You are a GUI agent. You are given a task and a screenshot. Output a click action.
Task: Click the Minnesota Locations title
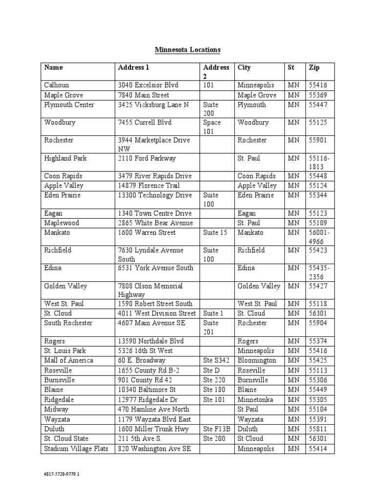click(x=187, y=50)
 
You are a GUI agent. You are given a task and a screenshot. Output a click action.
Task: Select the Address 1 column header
click(x=130, y=67)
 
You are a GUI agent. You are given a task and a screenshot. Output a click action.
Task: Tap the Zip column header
click(x=313, y=67)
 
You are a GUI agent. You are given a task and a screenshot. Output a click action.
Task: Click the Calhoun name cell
click(x=57, y=85)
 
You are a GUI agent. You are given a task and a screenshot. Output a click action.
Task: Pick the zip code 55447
click(x=318, y=104)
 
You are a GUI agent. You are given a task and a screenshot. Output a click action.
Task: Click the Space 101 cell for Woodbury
click(x=212, y=127)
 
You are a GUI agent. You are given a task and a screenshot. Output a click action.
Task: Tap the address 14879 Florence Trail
click(x=148, y=186)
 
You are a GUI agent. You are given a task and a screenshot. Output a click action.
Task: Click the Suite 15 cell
click(x=215, y=232)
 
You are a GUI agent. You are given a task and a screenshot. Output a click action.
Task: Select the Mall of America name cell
click(x=68, y=360)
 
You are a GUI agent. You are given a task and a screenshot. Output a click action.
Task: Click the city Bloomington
click(x=257, y=360)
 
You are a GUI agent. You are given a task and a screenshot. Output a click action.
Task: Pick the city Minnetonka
click(x=255, y=399)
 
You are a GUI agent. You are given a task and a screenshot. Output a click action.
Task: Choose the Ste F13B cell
click(x=216, y=429)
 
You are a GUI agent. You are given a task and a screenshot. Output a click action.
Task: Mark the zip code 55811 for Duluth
click(x=318, y=429)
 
